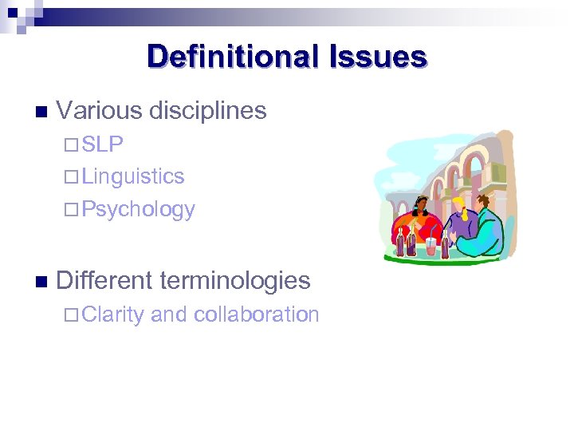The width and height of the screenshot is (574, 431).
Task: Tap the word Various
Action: coord(100,111)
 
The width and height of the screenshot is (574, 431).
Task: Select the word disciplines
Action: coord(208,111)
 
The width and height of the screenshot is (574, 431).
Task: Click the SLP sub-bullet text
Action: coord(102,144)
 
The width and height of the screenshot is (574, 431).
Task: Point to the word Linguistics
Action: coord(132,176)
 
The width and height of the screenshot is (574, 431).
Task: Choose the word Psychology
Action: coord(138,209)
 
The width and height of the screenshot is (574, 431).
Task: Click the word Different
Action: coord(104,280)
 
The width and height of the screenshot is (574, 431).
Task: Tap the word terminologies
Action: coord(235,280)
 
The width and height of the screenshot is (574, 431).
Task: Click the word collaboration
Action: coord(257,314)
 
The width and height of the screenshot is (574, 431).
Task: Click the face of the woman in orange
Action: coord(423,210)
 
